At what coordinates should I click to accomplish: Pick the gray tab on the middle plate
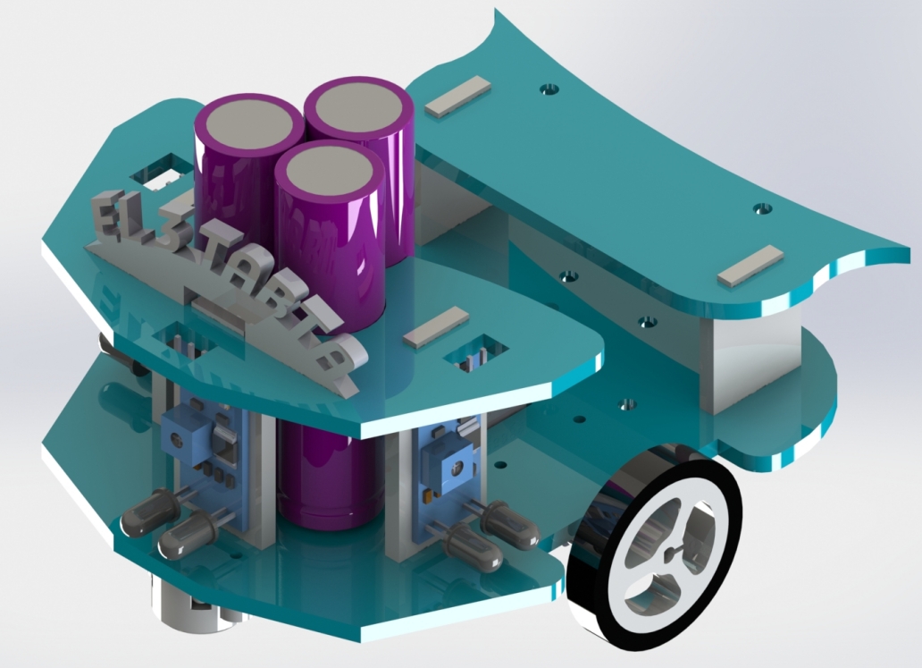click(435, 326)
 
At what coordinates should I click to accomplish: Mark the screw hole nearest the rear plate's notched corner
click(762, 208)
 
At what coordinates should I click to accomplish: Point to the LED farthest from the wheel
click(140, 513)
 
